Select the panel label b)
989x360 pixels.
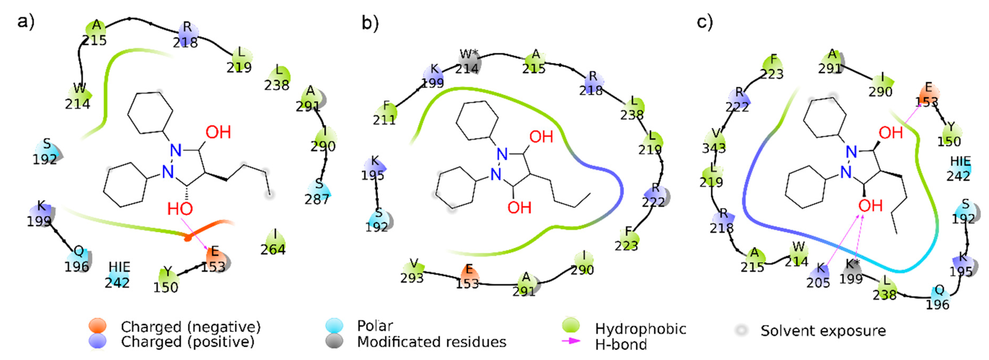tap(370, 23)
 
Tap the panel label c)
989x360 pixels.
tap(704, 22)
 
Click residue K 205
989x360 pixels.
tap(818, 276)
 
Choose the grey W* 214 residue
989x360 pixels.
tap(468, 61)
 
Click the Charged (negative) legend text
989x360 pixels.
tap(190, 327)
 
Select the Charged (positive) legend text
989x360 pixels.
tap(187, 341)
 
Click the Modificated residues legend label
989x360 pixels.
tap(432, 341)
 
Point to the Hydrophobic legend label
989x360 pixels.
tap(640, 329)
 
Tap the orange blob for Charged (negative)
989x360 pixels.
tap(98, 325)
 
